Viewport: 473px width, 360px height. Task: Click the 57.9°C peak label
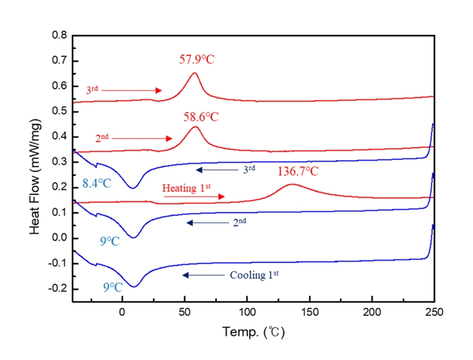[197, 60]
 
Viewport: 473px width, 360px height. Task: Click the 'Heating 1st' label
[186, 188]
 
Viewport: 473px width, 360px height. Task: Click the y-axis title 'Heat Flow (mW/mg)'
[36, 167]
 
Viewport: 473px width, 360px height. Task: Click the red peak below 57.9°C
[195, 73]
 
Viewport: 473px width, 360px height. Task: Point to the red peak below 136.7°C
[292, 184]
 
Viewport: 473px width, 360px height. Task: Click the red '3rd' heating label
[92, 90]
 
